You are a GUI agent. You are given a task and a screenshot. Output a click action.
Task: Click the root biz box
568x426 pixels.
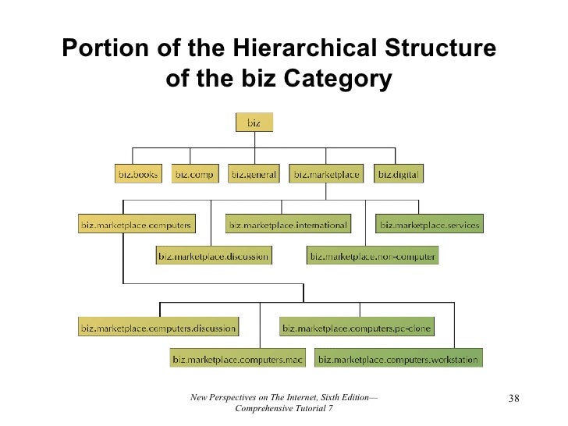click(254, 123)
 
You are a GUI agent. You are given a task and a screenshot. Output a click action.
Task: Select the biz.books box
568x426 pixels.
click(137, 175)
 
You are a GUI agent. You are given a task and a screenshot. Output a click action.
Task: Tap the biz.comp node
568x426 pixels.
click(193, 175)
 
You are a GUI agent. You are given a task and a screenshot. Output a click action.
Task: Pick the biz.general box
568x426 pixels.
click(254, 175)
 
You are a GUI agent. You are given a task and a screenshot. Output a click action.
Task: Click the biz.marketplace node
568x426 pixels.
click(326, 175)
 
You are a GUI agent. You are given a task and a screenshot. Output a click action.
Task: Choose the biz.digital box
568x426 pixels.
click(399, 175)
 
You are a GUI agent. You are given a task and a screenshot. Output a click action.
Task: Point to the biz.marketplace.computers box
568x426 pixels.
click(136, 225)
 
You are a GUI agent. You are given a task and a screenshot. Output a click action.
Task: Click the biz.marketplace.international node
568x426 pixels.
click(287, 225)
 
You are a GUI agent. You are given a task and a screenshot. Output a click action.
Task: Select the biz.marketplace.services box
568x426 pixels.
click(429, 225)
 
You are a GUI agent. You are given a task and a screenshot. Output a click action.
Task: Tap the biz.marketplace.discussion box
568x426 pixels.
click(213, 255)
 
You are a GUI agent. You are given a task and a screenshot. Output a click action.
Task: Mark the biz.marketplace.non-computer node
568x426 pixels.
click(372, 255)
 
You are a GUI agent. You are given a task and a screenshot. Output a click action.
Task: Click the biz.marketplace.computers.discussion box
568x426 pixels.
click(158, 328)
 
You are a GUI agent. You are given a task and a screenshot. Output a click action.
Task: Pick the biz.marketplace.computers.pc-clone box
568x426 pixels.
click(357, 328)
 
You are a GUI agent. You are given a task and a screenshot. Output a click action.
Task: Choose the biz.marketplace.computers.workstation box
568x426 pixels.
click(399, 359)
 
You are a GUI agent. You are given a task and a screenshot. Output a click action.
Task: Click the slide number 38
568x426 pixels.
click(513, 400)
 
